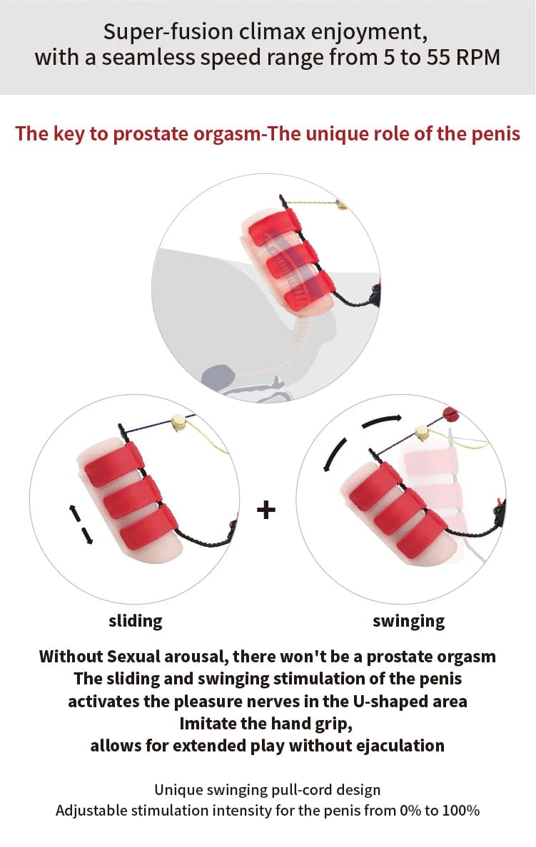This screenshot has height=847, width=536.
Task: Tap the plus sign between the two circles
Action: (x=266, y=510)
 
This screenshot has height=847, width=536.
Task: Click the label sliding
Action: (x=136, y=621)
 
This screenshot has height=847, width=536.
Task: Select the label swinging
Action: (x=408, y=621)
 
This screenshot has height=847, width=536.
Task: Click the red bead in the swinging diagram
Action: (x=450, y=414)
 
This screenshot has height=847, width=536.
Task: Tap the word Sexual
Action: (x=131, y=656)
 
